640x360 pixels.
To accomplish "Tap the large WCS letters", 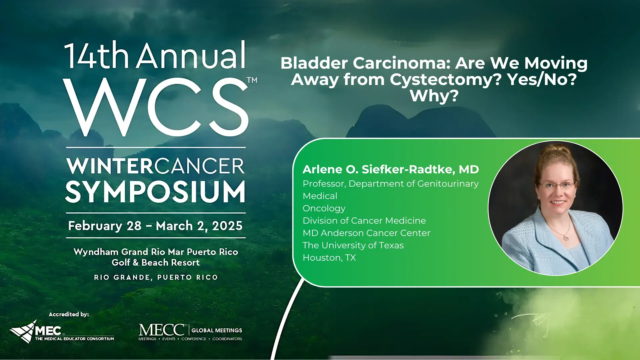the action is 156,107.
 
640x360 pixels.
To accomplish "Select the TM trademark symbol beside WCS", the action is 252,80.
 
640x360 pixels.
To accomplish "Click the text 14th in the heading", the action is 97,55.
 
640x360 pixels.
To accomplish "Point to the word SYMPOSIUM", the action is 155,192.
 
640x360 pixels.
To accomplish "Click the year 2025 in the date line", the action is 227,226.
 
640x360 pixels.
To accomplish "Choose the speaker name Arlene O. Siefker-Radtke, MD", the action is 391,169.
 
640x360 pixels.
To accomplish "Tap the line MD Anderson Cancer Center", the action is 366,233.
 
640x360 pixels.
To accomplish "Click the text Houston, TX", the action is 329,258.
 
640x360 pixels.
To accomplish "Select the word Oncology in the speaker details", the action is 324,209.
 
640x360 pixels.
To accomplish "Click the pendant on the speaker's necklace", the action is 566,237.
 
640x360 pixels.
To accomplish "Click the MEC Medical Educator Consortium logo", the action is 62,331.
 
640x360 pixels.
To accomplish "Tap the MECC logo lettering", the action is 162,330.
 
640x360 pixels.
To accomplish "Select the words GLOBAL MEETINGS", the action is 217,330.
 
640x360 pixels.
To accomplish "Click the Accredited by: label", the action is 69,314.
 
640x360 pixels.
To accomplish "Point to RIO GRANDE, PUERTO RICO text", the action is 156,277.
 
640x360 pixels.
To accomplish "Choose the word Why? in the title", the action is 434,96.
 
